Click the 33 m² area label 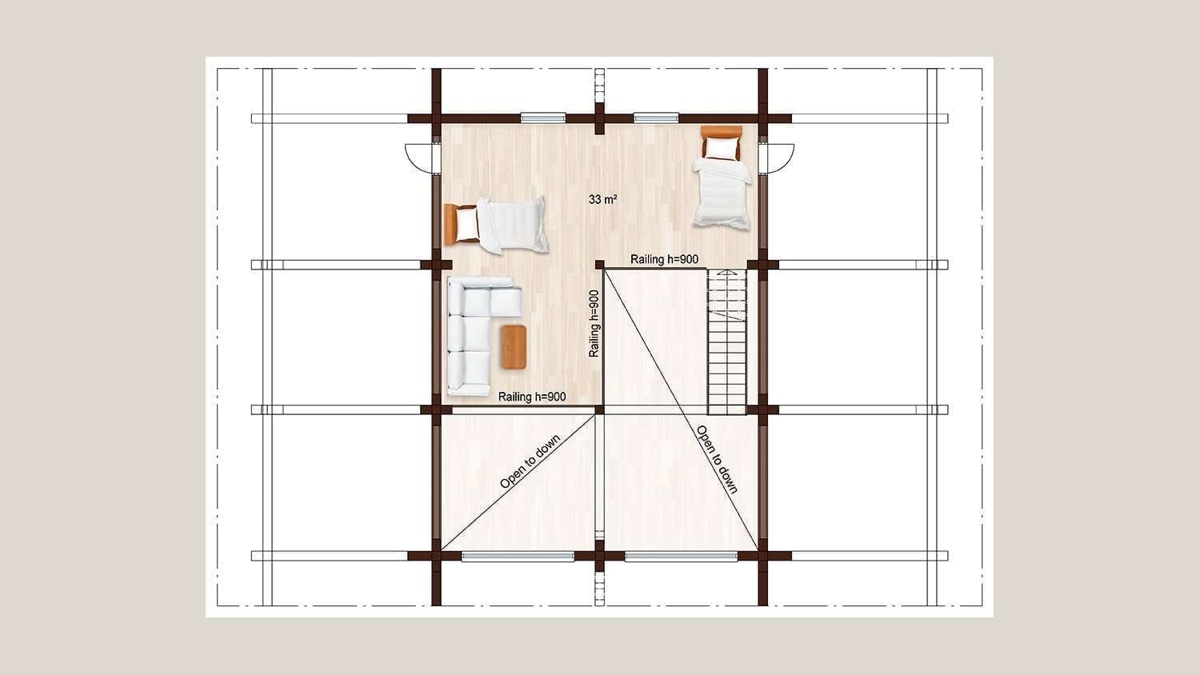coord(602,199)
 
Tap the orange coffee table coord(514,347)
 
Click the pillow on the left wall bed coord(466,223)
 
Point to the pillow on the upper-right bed coord(721,148)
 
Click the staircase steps coord(727,341)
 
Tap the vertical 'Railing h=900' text coord(594,324)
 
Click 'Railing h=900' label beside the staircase coord(664,259)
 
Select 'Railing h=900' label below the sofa coord(532,397)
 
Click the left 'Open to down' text coord(530,461)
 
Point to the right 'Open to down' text coord(718,459)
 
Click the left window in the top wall coord(543,118)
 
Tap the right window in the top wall coord(656,118)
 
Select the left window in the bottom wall coord(518,556)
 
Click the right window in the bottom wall coord(682,556)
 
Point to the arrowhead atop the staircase coord(727,272)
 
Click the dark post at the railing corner coord(599,265)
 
